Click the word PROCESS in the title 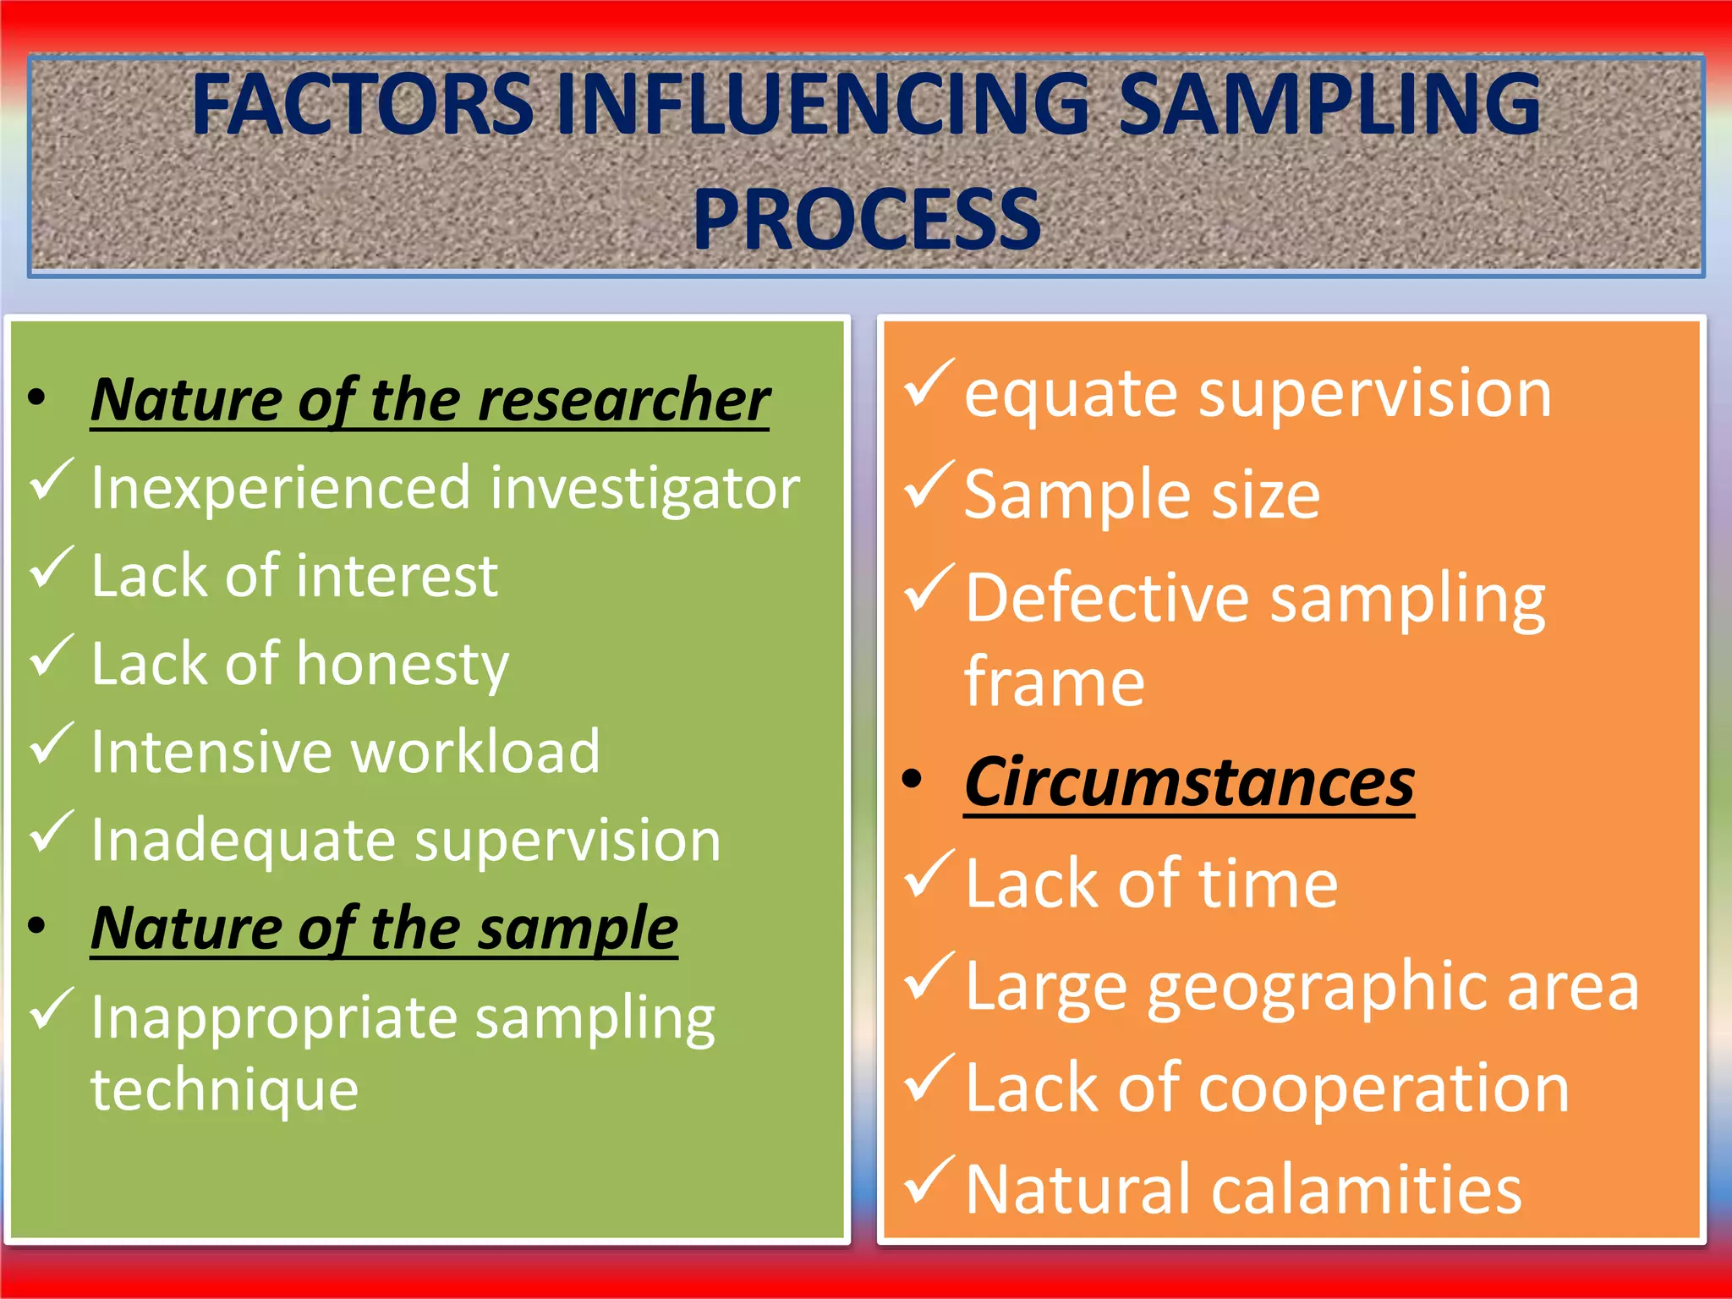(x=866, y=220)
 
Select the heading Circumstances (x=1188, y=782)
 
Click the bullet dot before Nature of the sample (x=36, y=925)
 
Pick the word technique (x=225, y=1089)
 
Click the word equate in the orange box (x=1070, y=395)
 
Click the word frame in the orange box (x=1054, y=682)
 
